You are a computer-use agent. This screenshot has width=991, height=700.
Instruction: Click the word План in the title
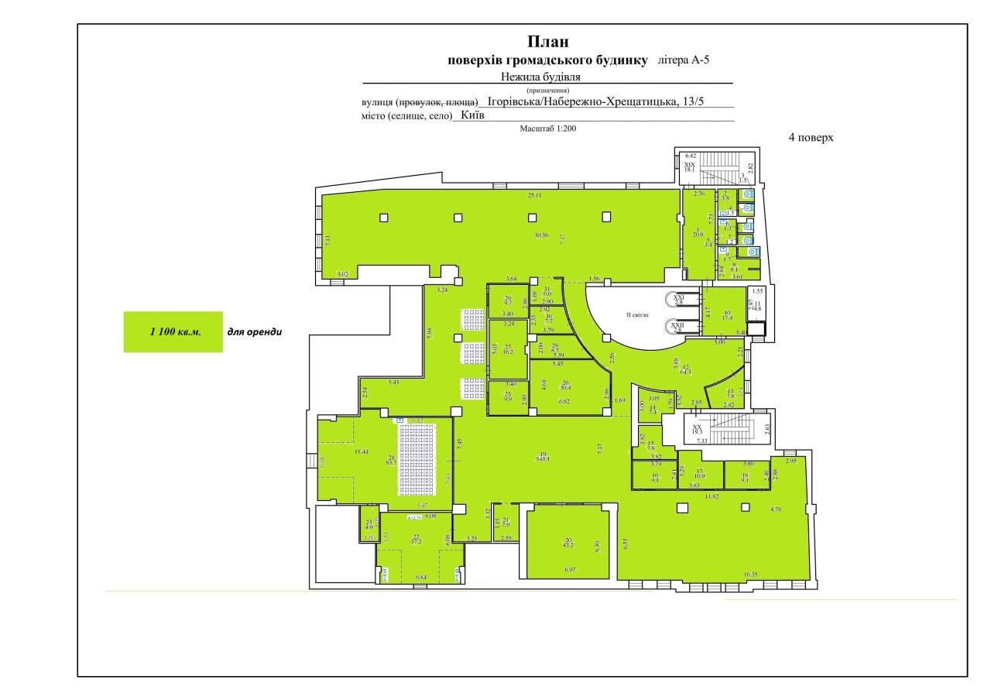(x=548, y=41)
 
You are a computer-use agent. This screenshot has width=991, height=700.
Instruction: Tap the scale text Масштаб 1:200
(x=548, y=129)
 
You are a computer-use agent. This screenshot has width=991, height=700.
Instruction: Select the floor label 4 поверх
(x=811, y=138)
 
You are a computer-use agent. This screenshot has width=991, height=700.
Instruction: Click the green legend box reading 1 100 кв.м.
(x=173, y=332)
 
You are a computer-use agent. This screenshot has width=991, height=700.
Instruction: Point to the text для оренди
(x=254, y=332)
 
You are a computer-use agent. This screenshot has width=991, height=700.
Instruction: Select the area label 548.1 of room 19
(x=544, y=458)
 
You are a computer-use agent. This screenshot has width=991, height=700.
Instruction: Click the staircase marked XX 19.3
(x=697, y=431)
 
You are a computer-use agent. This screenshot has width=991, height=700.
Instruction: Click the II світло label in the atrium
(x=637, y=316)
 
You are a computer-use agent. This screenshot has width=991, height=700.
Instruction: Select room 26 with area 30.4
(x=566, y=386)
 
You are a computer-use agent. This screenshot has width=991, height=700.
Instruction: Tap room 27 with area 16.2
(x=508, y=349)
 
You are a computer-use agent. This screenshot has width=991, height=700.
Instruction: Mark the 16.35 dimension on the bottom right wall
(x=750, y=575)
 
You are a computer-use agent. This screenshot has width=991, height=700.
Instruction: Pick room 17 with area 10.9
(x=699, y=475)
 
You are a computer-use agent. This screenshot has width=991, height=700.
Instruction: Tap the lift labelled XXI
(x=679, y=300)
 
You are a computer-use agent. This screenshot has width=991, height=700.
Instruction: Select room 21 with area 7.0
(x=506, y=523)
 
